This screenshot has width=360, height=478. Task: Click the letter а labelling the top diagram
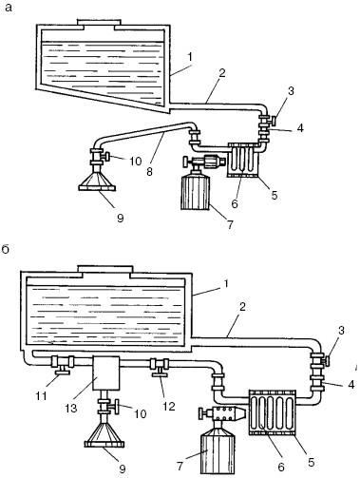pos(9,8)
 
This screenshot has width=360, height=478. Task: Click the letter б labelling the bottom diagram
pos(6,250)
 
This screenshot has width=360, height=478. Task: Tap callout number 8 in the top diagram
pos(149,172)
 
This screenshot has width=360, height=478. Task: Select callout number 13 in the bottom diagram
pos(71,408)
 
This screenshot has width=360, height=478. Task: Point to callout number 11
pos(42,395)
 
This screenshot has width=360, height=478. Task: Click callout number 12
pos(169,406)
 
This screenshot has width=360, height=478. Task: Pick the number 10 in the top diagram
pos(136,162)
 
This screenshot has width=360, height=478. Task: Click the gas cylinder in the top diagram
pos(196,192)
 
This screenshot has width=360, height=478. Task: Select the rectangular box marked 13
pos(106,373)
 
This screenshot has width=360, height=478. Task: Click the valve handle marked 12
pos(160,376)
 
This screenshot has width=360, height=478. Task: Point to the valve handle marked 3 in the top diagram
pos(273,121)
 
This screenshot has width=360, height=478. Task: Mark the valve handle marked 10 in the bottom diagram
pos(118,407)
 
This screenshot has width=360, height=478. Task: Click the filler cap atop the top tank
pos(99,22)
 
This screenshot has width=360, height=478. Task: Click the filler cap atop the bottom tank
pos(105,269)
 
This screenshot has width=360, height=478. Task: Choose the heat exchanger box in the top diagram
pos(244,160)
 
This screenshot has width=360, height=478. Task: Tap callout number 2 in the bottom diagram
pos(242,307)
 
